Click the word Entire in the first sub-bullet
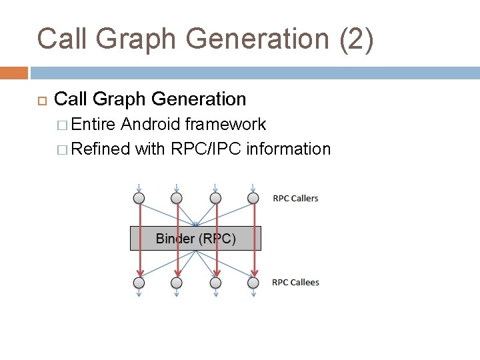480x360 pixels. tap(94, 125)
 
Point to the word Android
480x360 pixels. tap(151, 125)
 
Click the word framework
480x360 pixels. tap(225, 125)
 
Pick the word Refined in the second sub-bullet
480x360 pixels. tap(100, 149)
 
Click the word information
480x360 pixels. tap(288, 149)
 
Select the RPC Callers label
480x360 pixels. tap(295, 198)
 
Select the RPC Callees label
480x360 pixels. tap(295, 282)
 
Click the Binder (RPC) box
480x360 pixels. tap(195, 238)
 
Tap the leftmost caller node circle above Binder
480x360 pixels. tap(139, 198)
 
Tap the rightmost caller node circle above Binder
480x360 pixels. tap(253, 198)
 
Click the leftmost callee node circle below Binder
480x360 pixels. tap(139, 283)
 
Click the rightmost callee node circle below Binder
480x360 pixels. tap(253, 283)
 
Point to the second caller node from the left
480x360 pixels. tap(177, 198)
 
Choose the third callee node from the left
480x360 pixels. tap(215, 283)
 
